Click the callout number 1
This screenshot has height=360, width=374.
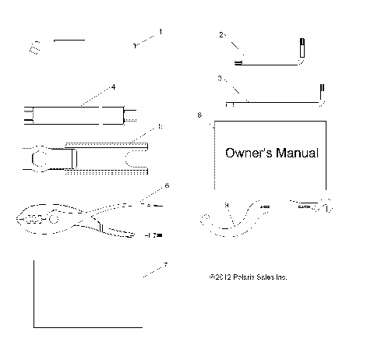pyautogui.click(x=161, y=32)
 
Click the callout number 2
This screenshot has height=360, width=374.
pyautogui.click(x=222, y=35)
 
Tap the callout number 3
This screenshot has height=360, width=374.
pyautogui.click(x=221, y=78)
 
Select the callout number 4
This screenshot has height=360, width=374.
pyautogui.click(x=113, y=87)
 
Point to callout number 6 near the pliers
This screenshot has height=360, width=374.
pyautogui.click(x=166, y=187)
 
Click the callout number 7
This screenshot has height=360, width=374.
pyautogui.click(x=164, y=265)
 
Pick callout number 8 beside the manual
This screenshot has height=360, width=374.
pyautogui.click(x=200, y=115)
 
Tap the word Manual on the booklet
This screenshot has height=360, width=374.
pyautogui.click(x=297, y=154)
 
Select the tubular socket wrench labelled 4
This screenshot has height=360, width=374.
pyautogui.click(x=78, y=117)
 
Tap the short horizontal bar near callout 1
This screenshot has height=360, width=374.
pyautogui.click(x=69, y=37)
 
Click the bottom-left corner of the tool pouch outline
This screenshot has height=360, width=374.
pyautogui.click(x=34, y=326)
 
